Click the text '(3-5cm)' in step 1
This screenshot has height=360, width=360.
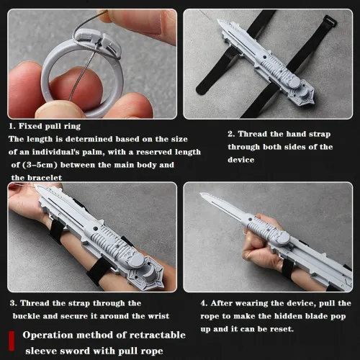pos(44,164)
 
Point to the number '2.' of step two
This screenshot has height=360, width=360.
pos(232,134)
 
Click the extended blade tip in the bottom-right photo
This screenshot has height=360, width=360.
pos(202,196)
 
